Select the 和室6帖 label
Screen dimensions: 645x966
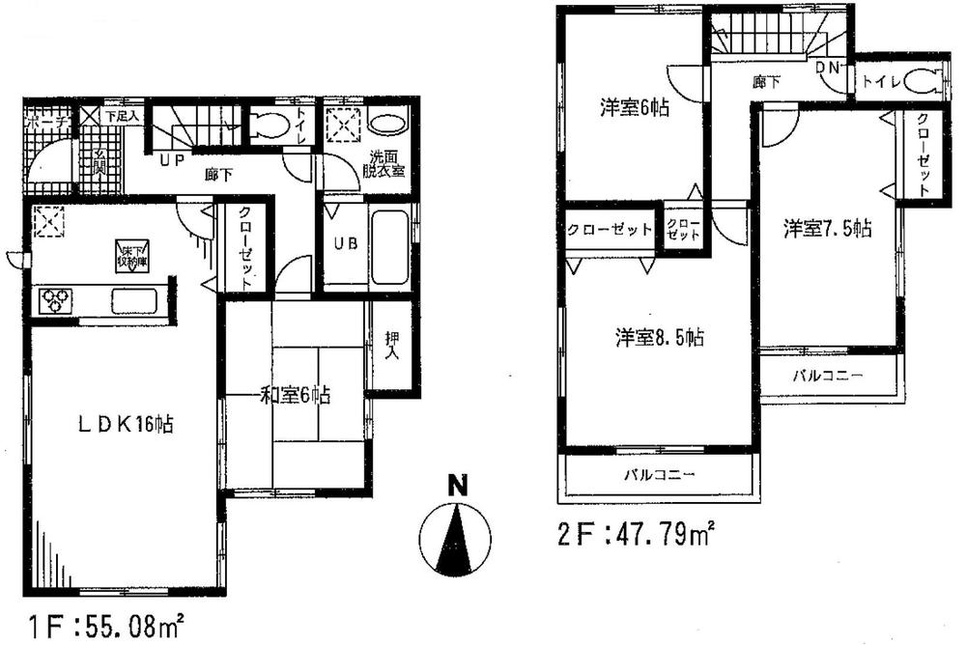(296, 394)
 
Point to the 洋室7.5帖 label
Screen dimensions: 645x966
(827, 229)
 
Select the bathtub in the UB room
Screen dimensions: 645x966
(389, 245)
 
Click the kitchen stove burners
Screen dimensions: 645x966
(53, 300)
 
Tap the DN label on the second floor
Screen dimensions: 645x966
(827, 68)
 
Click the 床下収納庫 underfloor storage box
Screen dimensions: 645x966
(131, 253)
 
